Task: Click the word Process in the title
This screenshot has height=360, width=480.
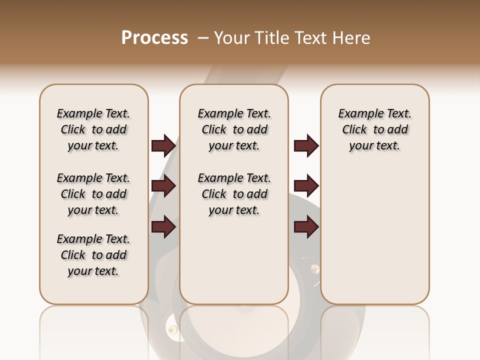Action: click(154, 38)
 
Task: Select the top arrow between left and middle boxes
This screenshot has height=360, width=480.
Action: click(163, 145)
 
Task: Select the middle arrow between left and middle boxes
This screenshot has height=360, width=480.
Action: click(163, 186)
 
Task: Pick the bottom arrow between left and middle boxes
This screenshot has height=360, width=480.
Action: click(163, 226)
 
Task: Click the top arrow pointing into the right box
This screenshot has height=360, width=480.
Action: click(306, 145)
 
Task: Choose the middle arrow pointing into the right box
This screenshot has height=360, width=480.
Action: click(306, 186)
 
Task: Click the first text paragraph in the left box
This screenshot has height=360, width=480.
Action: click(93, 129)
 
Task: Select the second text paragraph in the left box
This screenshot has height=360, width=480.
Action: click(93, 194)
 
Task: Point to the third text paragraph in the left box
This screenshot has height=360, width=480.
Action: click(93, 255)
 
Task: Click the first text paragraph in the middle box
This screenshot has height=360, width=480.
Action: click(234, 129)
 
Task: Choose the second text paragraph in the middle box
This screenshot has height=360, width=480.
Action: click(234, 194)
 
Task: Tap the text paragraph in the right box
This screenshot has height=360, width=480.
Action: click(374, 129)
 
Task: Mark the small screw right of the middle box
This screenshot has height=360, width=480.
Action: click(314, 270)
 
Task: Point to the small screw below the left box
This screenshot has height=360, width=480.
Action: click(173, 329)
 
